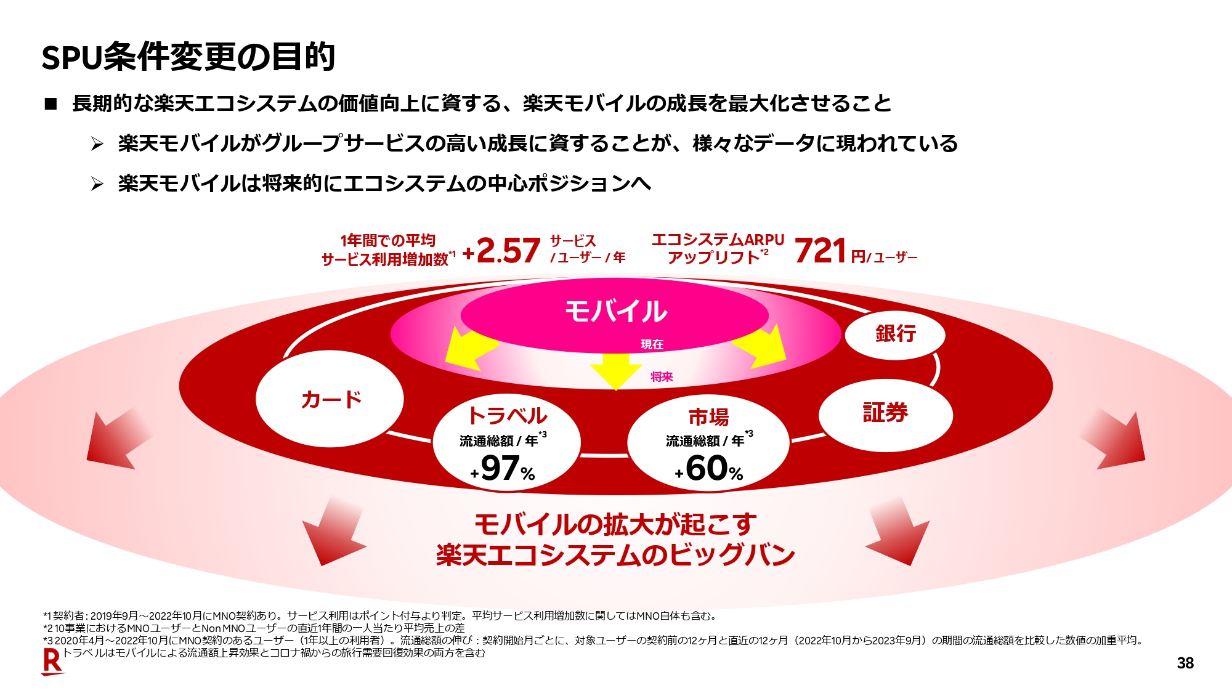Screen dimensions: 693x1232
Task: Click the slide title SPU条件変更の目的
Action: [x=188, y=57]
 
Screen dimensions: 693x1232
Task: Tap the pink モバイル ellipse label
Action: [x=615, y=311]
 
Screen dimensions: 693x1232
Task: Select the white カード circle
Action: [x=330, y=399]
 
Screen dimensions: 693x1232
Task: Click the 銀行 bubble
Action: [x=895, y=334]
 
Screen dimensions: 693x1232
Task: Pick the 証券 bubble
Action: [x=885, y=413]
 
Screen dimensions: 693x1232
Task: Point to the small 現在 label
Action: [x=652, y=344]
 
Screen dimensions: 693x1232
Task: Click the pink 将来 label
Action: [x=662, y=377]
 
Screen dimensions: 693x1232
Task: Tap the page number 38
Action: [x=1185, y=663]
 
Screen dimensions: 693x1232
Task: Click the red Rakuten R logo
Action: [x=52, y=662]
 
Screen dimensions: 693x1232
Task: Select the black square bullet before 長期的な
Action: [x=51, y=104]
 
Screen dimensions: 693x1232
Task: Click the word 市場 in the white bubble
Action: [x=708, y=417]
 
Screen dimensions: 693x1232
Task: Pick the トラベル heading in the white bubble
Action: [x=507, y=416]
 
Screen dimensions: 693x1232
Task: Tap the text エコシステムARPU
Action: [x=718, y=240]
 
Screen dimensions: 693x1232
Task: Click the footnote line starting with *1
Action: [x=379, y=615]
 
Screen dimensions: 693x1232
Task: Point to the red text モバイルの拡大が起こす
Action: [x=615, y=524]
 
